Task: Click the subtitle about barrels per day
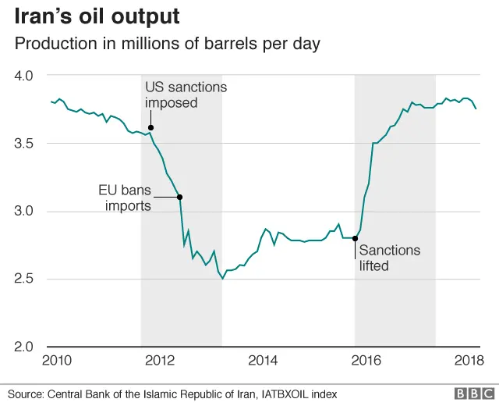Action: point(168,45)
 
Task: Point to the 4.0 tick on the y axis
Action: point(23,76)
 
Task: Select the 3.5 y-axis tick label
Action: point(23,144)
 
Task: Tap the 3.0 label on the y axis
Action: point(23,212)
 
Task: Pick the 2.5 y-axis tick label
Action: point(23,280)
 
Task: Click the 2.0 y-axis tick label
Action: point(23,347)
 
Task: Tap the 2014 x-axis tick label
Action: point(262,360)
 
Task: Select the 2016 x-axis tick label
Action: point(363,360)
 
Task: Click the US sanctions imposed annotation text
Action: point(186,94)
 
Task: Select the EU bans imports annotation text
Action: point(124,198)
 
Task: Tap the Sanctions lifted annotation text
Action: point(390,258)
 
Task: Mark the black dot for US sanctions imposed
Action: point(150,127)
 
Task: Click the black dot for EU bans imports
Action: point(180,197)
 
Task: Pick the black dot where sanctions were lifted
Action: point(356,238)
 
